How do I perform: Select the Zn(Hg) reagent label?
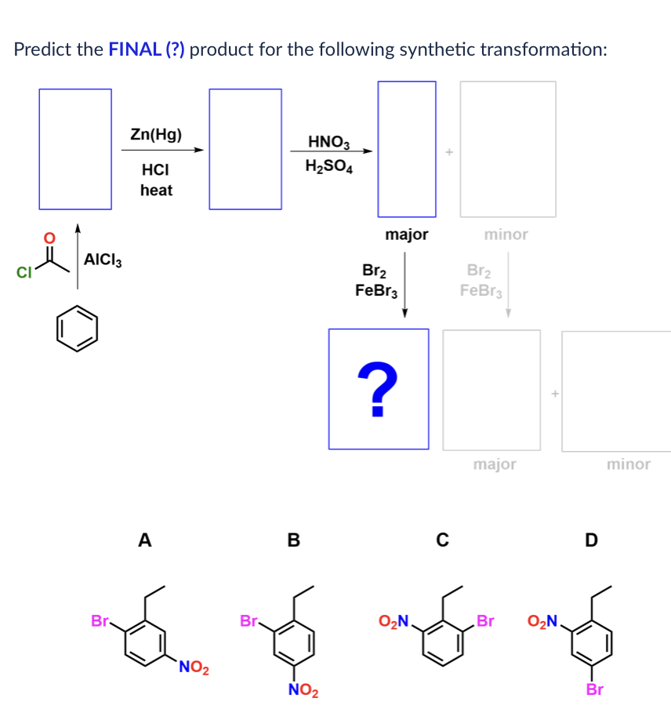[156, 134]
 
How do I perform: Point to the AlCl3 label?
[103, 260]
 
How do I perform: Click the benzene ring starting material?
[77, 328]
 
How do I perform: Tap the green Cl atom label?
[23, 273]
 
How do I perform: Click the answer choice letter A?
[143, 540]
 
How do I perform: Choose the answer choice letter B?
[294, 540]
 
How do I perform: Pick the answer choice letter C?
[442, 540]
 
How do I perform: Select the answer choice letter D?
[591, 540]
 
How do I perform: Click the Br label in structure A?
[100, 621]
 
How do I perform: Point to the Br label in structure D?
[595, 690]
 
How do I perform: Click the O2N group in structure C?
[394, 622]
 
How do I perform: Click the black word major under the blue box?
[407, 234]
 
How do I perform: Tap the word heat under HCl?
[156, 190]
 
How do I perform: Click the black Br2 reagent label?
[374, 271]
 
